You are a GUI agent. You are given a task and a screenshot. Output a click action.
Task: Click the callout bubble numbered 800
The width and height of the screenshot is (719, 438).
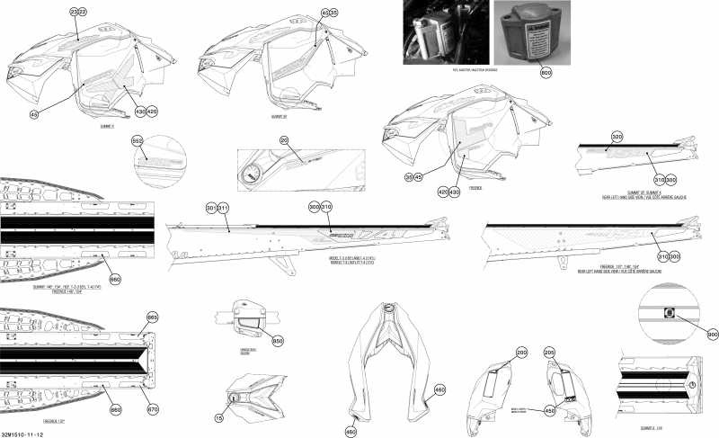546,71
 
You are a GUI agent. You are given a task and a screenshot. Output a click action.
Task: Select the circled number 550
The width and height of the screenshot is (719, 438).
138,142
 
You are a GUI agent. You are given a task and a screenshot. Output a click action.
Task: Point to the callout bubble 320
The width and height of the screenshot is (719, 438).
617,138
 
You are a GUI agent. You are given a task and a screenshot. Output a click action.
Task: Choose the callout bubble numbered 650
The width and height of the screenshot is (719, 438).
278,341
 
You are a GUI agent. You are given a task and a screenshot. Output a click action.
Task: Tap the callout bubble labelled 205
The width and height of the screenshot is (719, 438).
549,353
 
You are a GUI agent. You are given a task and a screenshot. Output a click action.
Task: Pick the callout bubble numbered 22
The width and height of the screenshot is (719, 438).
84,12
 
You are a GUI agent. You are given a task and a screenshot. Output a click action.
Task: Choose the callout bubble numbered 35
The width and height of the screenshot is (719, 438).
333,13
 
